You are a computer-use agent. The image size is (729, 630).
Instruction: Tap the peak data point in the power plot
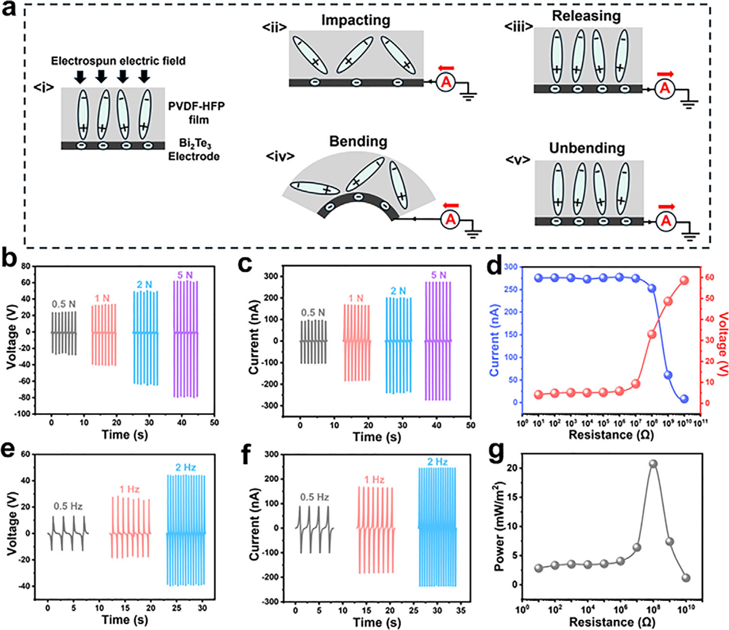coord(653,464)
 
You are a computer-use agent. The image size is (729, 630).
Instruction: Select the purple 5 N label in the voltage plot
coord(185,275)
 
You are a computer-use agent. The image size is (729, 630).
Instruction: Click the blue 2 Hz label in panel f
coord(437,461)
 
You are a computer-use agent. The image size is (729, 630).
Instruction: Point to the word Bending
coord(358,141)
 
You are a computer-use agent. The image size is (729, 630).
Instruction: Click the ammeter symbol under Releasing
coord(665,88)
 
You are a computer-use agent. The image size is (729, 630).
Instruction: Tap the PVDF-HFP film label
coord(197,112)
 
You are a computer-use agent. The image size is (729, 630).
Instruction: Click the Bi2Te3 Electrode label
coord(193,150)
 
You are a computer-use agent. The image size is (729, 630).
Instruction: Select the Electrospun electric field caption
coord(118,61)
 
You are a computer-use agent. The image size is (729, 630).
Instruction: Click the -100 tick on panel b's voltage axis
coord(22,414)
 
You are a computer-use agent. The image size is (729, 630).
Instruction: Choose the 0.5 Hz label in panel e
coord(68,506)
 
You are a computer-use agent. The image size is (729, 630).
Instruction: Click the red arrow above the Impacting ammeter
coord(445,68)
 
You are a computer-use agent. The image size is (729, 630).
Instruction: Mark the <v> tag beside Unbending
coord(517,160)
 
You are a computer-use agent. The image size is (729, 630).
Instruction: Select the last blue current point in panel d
coord(684,399)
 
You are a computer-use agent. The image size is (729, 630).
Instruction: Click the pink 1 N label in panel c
coord(356,298)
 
